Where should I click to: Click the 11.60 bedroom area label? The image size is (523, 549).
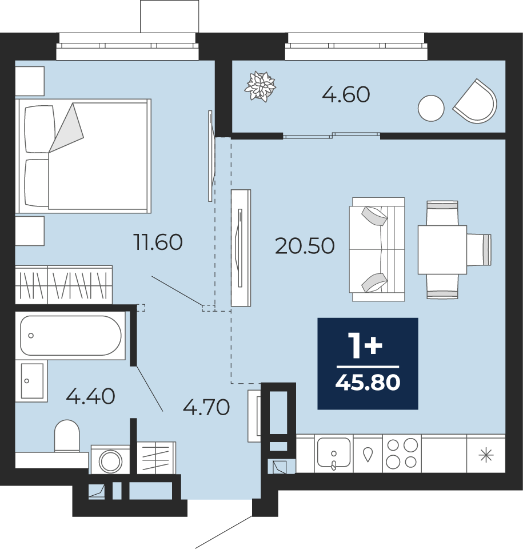click(x=158, y=242)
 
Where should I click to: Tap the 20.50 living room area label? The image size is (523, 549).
click(x=305, y=246)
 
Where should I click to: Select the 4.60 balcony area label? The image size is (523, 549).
click(x=346, y=94)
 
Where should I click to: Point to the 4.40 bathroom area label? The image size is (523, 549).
click(x=91, y=396)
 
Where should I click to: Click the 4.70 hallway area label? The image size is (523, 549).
click(x=206, y=407)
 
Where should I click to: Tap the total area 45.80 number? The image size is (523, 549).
click(x=368, y=382)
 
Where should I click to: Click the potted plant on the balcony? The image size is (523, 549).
click(x=260, y=86)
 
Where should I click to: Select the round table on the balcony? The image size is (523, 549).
click(x=431, y=108)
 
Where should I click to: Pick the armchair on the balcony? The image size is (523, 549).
click(x=476, y=102)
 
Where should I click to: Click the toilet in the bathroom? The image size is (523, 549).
click(x=67, y=436)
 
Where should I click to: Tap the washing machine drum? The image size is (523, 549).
click(x=111, y=461)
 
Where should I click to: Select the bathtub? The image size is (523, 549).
click(x=71, y=336)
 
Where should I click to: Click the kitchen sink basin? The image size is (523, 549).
click(x=334, y=453)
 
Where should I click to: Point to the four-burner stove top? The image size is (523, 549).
click(x=402, y=453)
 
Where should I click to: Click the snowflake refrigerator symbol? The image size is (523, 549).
click(x=486, y=456)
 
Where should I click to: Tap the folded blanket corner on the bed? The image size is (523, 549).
click(x=66, y=129)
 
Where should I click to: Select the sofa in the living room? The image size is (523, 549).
click(x=377, y=249)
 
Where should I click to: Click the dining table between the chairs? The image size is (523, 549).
click(x=442, y=250)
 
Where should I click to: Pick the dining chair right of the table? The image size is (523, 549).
click(x=479, y=250)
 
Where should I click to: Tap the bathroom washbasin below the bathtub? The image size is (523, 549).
click(x=32, y=381)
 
